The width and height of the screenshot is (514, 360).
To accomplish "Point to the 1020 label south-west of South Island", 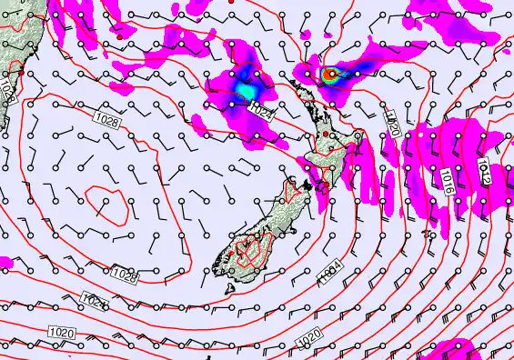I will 62,333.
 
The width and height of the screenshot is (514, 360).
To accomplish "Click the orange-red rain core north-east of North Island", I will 329,75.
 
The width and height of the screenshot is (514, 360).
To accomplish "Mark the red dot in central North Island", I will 325,135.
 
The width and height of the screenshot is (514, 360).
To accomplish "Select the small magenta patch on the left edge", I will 5,263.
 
